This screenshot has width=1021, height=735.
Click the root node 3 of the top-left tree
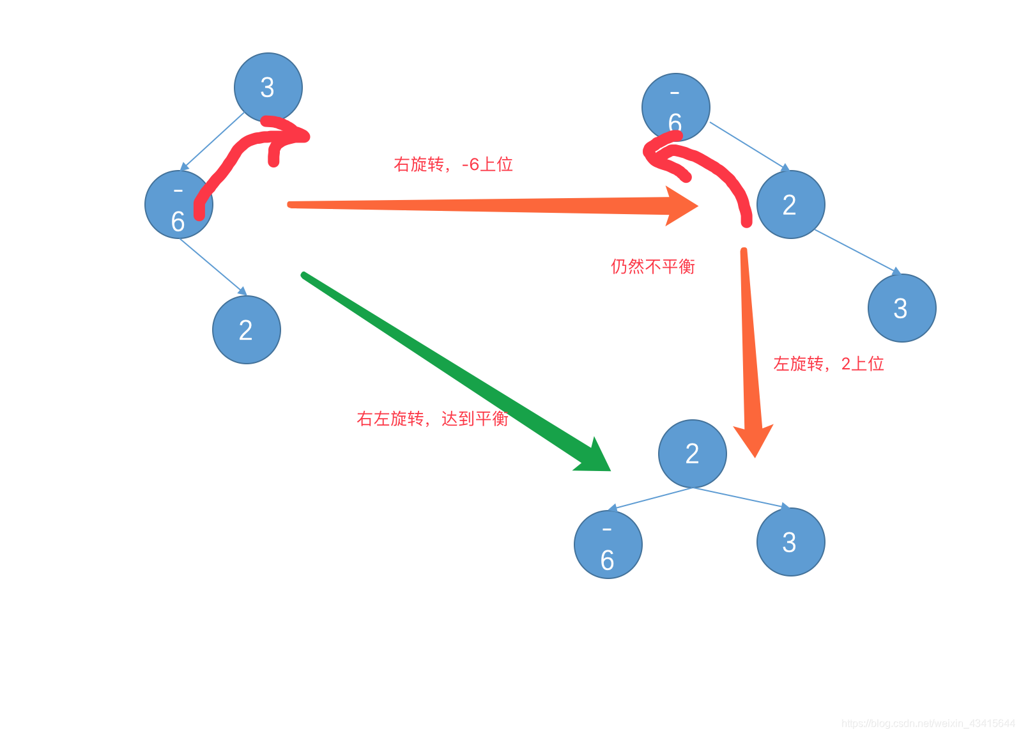tap(268, 87)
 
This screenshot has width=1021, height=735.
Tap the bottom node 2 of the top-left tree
tap(246, 330)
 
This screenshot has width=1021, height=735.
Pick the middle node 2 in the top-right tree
tap(790, 205)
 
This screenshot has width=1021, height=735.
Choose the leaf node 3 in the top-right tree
tap(902, 308)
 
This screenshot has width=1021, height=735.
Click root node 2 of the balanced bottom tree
tap(692, 454)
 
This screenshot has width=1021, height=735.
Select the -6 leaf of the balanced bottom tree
tap(608, 545)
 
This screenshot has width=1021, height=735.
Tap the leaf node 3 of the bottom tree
tap(790, 542)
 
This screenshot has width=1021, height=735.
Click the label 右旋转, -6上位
tap(453, 164)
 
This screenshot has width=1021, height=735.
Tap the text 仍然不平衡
tap(652, 266)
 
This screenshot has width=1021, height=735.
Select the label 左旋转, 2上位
tap(828, 364)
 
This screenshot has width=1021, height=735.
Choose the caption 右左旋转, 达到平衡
tap(432, 419)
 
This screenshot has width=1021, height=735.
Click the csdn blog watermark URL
tap(928, 723)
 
